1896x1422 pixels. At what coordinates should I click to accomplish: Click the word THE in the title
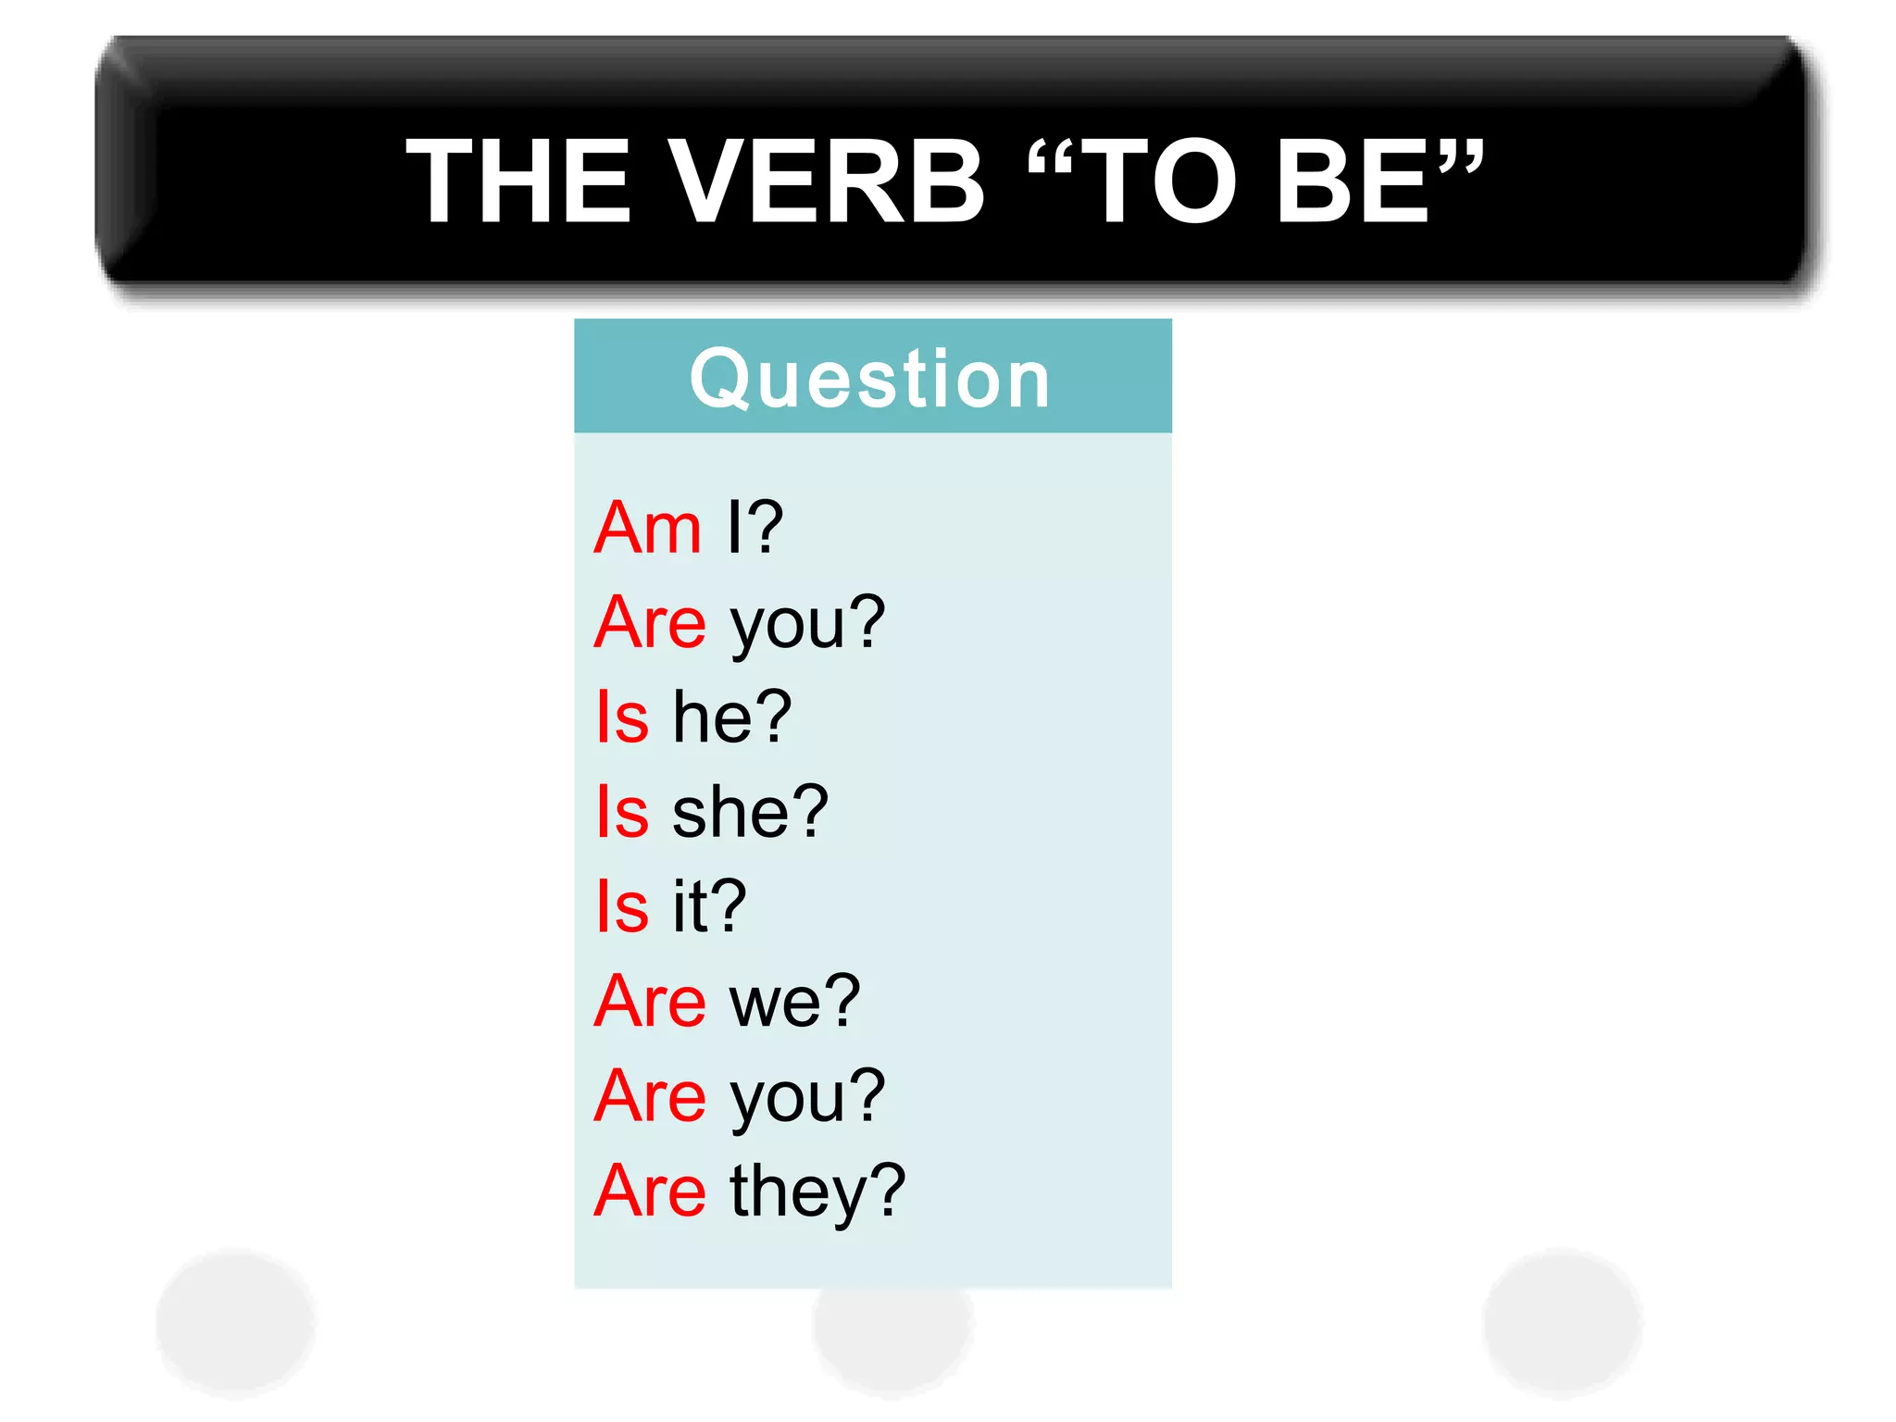pos(518,181)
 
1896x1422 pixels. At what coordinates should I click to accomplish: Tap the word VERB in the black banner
pos(826,181)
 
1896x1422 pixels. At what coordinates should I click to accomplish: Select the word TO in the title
pos(1158,181)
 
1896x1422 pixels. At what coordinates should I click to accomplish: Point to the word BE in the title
pos(1353,181)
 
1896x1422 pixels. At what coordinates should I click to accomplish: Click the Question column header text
pos(870,379)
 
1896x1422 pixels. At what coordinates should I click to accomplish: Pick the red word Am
pos(648,528)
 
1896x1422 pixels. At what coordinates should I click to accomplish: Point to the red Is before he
pos(622,717)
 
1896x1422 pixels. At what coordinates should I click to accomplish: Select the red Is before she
pos(622,813)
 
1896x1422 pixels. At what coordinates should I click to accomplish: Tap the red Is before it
pos(622,907)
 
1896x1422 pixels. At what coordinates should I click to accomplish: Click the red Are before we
pos(650,1002)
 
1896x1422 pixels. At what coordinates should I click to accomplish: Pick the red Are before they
pos(650,1191)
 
